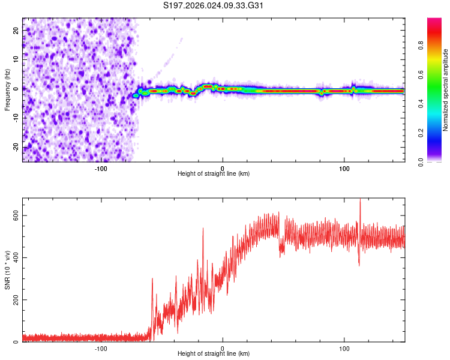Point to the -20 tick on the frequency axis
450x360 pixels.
click(16, 147)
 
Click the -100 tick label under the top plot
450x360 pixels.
click(101, 168)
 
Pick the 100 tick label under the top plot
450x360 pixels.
click(344, 168)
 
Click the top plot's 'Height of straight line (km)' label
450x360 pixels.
click(214, 174)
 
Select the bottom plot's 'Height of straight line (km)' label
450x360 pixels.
click(214, 354)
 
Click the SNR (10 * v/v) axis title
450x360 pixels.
click(7, 270)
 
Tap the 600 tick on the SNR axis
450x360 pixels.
click(14, 215)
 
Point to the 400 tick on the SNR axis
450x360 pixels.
click(14, 257)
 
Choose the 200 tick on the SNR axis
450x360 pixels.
click(14, 300)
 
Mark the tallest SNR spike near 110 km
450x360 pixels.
click(360, 200)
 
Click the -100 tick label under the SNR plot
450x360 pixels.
click(101, 348)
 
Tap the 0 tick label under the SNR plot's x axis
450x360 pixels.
click(223, 348)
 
